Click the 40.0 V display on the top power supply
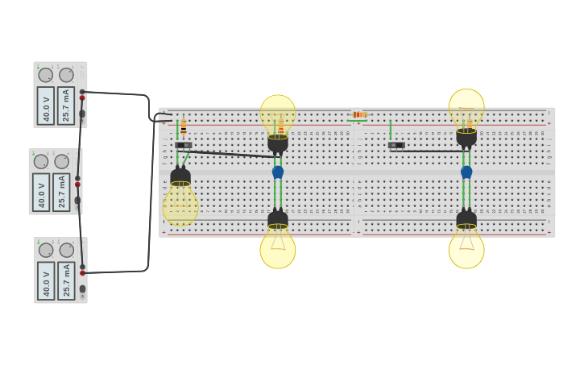46,106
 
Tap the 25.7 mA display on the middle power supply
61,192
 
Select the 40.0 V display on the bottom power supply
47,280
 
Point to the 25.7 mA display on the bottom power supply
67,280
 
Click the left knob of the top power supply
46,75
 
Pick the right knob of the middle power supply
62,162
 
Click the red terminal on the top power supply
82,98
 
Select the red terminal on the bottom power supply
82,273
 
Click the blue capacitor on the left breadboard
278,172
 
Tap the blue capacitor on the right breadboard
466,172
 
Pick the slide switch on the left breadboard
184,145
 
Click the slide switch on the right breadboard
396,145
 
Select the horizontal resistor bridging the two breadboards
358,114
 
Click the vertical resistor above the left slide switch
184,127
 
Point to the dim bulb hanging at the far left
180,203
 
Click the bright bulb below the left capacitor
278,248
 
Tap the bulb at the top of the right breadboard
466,109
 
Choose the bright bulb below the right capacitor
466,248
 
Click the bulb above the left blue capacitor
278,115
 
